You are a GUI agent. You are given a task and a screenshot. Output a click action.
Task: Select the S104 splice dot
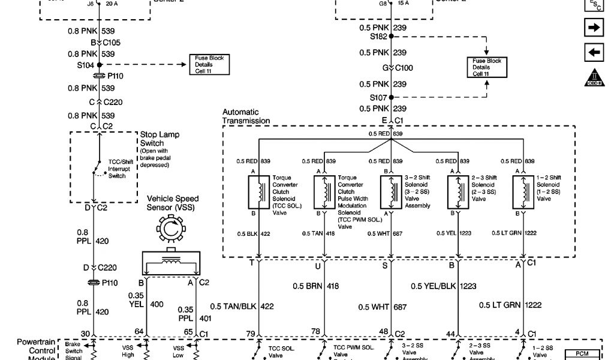(x=100, y=65)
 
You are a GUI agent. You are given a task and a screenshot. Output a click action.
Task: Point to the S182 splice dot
(x=391, y=37)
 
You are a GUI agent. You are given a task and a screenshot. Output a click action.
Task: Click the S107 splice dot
(x=391, y=97)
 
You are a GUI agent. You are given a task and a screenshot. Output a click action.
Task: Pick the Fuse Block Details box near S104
(x=209, y=64)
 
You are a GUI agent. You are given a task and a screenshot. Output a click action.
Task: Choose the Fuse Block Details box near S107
(x=486, y=67)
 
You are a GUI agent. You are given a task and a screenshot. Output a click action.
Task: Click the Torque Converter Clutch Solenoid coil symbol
(x=259, y=192)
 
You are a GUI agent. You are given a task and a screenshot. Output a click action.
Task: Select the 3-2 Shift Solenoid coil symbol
(x=391, y=192)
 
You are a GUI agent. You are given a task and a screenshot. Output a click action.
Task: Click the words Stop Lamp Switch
(x=159, y=139)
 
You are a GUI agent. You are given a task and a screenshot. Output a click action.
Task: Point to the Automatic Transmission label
(x=246, y=116)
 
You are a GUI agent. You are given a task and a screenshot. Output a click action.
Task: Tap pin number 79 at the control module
(x=251, y=334)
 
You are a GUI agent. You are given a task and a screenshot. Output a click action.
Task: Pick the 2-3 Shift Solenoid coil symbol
(x=458, y=192)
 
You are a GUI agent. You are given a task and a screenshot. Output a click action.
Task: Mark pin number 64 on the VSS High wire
(x=139, y=334)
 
